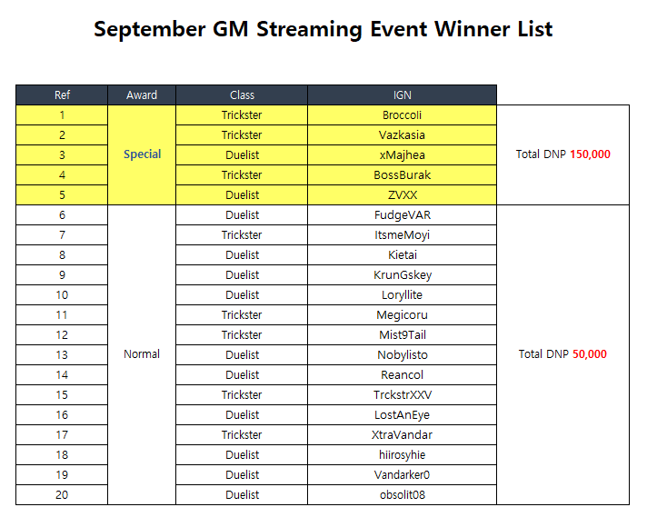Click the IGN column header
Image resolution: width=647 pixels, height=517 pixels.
[x=402, y=95]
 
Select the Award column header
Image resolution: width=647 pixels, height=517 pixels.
[x=142, y=95]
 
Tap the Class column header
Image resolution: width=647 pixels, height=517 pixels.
[x=242, y=95]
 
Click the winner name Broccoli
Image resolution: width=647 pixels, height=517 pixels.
[x=402, y=115]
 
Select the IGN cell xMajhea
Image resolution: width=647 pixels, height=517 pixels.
[x=402, y=155]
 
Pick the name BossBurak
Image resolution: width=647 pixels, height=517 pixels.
[x=402, y=175]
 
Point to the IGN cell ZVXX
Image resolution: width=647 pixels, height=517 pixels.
[x=402, y=195]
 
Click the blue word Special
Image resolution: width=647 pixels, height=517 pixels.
[x=143, y=154]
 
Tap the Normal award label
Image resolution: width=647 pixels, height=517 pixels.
[x=142, y=354]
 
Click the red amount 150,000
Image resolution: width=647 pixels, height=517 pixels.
[x=590, y=154]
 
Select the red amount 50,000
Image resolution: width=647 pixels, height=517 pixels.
[x=590, y=354]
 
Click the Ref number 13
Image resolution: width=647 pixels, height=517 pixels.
[x=62, y=355]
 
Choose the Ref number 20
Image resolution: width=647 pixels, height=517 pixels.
[x=62, y=494]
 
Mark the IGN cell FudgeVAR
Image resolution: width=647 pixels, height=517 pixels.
[x=402, y=215]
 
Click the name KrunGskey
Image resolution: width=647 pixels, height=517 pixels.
[x=402, y=275]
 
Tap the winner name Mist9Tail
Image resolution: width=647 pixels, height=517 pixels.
[x=402, y=335]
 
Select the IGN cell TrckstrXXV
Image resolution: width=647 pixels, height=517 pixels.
[x=402, y=395]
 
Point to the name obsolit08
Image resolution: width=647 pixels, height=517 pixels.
[x=402, y=494]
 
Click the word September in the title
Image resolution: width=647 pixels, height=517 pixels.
[x=149, y=30]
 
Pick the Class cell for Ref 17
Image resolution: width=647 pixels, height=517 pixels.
[x=242, y=435]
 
